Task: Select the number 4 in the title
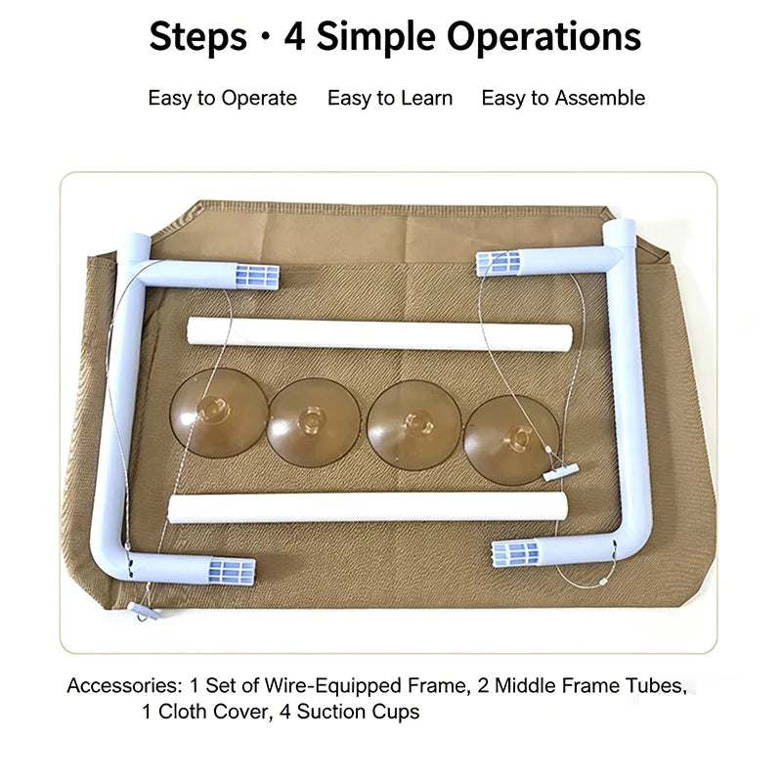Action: [x=294, y=37]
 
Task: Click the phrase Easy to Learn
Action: [x=390, y=99]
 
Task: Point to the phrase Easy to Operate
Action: [x=223, y=99]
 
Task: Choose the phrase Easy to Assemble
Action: [x=563, y=99]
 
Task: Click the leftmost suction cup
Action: [x=218, y=413]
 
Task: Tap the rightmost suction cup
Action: [x=511, y=440]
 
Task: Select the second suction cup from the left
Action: [x=313, y=422]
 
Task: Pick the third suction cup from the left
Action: [x=413, y=425]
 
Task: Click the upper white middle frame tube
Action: [x=379, y=335]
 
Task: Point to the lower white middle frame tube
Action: [x=368, y=507]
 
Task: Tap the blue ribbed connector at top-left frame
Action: [x=257, y=277]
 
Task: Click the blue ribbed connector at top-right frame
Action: [x=500, y=262]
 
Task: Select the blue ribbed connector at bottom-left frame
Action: [x=232, y=572]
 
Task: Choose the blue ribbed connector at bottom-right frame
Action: [x=516, y=553]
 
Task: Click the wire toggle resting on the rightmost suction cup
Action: [x=560, y=472]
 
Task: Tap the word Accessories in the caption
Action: [x=125, y=686]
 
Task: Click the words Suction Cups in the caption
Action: [x=358, y=713]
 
